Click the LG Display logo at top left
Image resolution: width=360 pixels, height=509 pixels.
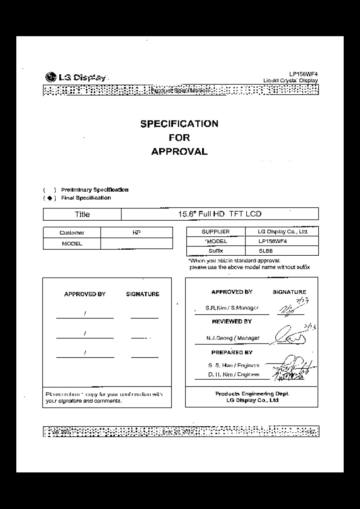pyautogui.click(x=76, y=78)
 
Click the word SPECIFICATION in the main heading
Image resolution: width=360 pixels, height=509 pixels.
pyautogui.click(x=179, y=124)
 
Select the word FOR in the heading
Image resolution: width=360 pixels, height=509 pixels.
pyautogui.click(x=179, y=138)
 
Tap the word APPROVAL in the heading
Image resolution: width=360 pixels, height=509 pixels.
pyautogui.click(x=179, y=152)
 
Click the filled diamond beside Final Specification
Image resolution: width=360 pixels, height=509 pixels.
pyautogui.click(x=49, y=198)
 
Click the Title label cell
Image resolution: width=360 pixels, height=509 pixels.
pyautogui.click(x=82, y=214)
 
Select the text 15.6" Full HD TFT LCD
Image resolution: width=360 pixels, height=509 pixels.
pyautogui.click(x=220, y=214)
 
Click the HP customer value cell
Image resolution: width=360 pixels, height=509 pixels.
pyautogui.click(x=136, y=232)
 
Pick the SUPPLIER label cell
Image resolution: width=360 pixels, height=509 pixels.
pyautogui.click(x=216, y=231)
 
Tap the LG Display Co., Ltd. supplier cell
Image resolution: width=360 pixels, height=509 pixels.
pyautogui.click(x=282, y=231)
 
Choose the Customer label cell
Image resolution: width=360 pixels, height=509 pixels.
pyautogui.click(x=72, y=233)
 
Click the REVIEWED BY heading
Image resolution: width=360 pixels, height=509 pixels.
pyautogui.click(x=232, y=321)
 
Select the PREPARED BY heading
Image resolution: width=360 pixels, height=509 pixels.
pyautogui.click(x=232, y=352)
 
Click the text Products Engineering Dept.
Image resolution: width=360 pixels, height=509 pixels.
pyautogui.click(x=252, y=394)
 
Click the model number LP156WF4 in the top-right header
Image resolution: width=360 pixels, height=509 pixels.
pyautogui.click(x=304, y=74)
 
